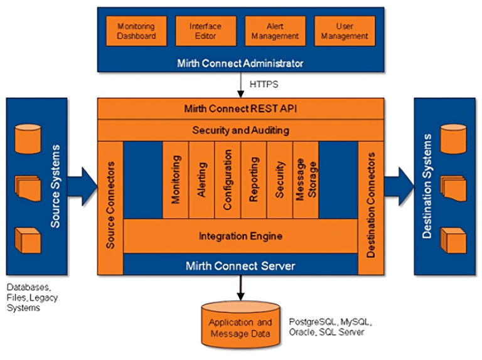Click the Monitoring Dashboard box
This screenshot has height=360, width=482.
[136, 31]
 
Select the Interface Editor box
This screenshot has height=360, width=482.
[205, 31]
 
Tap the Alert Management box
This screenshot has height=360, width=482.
[275, 31]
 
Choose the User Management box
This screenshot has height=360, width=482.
[345, 31]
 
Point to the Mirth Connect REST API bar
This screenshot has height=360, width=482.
[240, 108]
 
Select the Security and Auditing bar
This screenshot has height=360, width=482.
[240, 130]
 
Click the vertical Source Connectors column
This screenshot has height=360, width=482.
[110, 206]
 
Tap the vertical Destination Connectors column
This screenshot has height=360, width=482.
[370, 206]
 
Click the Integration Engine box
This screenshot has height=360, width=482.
[240, 236]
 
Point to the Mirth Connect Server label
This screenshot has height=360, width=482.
[240, 266]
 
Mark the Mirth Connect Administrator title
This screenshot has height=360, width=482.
[240, 63]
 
